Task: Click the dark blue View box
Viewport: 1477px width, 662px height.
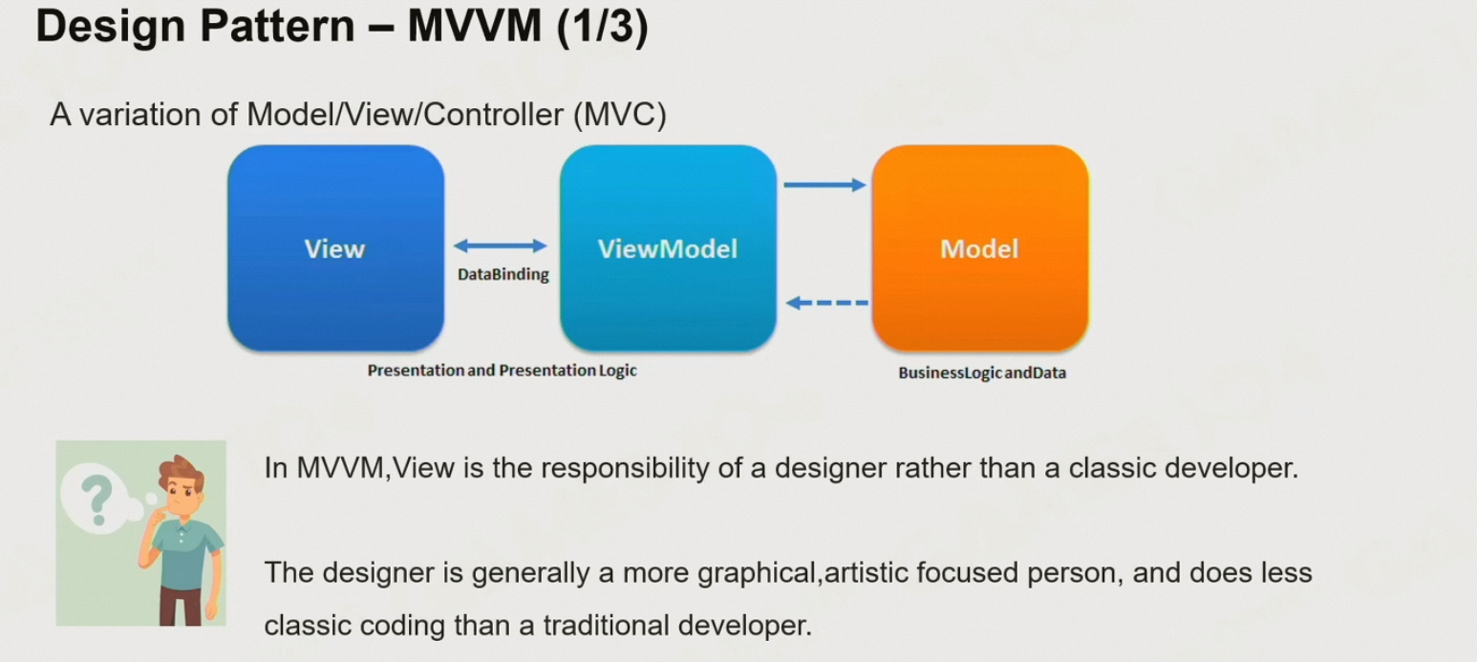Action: (335, 248)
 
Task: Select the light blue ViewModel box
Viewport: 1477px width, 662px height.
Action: (667, 248)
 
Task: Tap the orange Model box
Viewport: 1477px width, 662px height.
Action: (979, 248)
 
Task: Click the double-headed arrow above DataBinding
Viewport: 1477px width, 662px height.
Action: (501, 246)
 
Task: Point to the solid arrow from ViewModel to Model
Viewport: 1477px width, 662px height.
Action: (824, 184)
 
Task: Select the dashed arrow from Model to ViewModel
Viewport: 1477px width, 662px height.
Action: (827, 303)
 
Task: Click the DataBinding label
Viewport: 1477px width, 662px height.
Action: (503, 275)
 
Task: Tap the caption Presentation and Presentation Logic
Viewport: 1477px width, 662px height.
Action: (502, 370)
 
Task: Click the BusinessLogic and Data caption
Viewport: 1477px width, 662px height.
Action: (981, 374)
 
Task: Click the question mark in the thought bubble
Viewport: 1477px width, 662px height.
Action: (95, 496)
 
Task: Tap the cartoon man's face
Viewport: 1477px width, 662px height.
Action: (185, 498)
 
